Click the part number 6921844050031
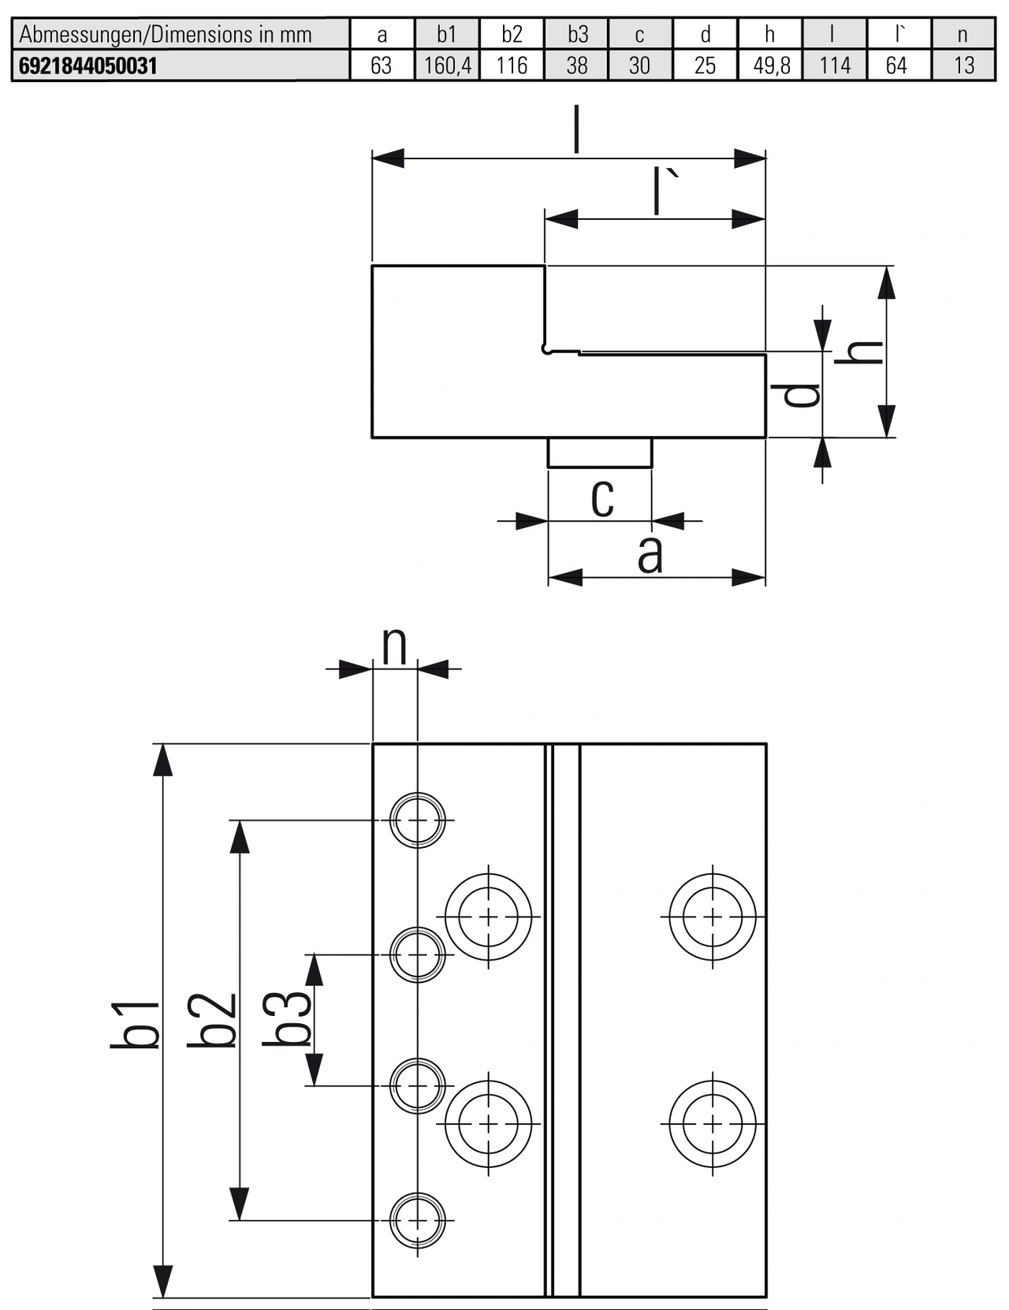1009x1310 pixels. coord(87,65)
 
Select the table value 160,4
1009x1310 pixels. coord(447,65)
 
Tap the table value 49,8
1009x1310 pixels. coord(771,65)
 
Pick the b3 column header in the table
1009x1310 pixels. coord(577,35)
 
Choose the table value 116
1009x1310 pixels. coord(512,65)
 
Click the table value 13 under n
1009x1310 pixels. coord(963,65)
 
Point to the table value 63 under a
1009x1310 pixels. coord(382,65)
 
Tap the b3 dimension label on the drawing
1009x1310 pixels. coord(287,1018)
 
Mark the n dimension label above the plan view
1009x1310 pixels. coord(394,646)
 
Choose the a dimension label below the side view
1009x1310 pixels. coord(650,555)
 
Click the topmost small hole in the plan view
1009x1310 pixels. coord(418,820)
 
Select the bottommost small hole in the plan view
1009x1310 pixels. coord(418,1220)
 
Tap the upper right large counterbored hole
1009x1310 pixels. coord(713,917)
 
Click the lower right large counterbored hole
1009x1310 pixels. coord(713,1123)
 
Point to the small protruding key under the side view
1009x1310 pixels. coord(600,452)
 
